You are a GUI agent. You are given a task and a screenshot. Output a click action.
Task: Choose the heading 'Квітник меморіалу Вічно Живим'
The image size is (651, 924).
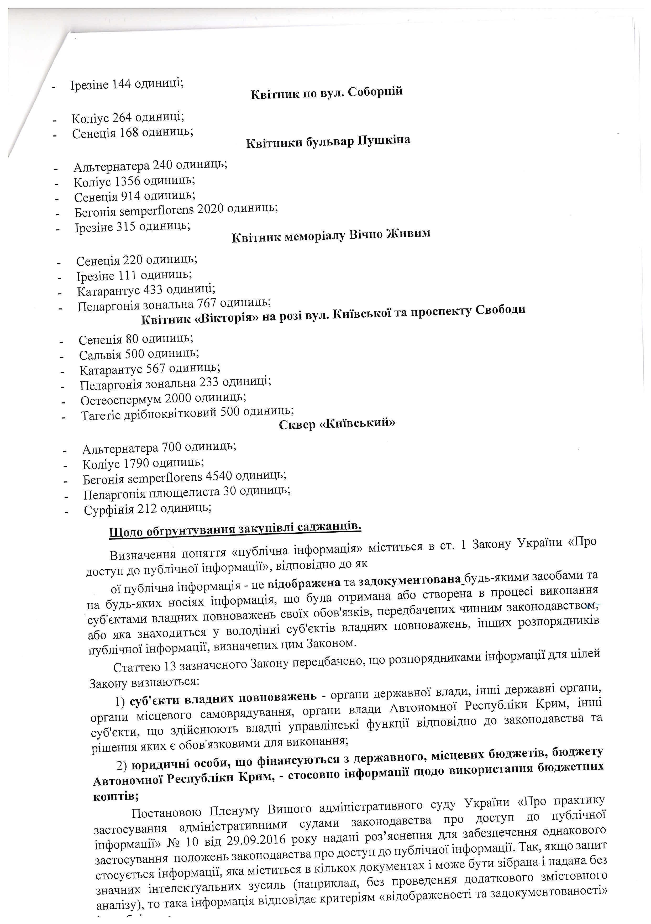coord(331,235)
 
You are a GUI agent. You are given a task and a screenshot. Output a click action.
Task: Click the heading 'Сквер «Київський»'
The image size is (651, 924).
coord(337,424)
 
